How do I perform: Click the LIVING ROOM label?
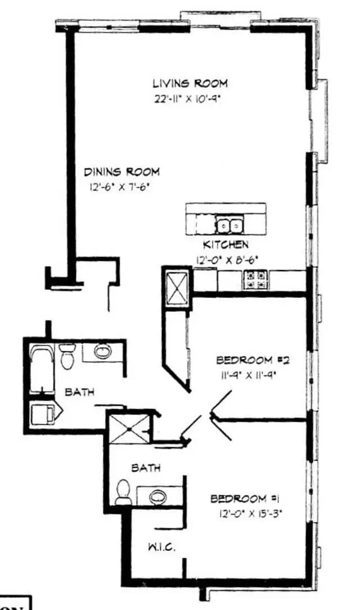click(190, 83)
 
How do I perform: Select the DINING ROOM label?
click(121, 172)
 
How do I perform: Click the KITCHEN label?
click(225, 245)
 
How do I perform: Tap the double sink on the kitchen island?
click(229, 226)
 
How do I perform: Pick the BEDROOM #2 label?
click(252, 360)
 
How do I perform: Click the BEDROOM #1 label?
click(245, 499)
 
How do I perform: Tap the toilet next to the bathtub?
click(67, 356)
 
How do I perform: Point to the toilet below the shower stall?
click(123, 493)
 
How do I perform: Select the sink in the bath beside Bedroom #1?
click(158, 496)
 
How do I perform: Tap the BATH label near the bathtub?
click(79, 392)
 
